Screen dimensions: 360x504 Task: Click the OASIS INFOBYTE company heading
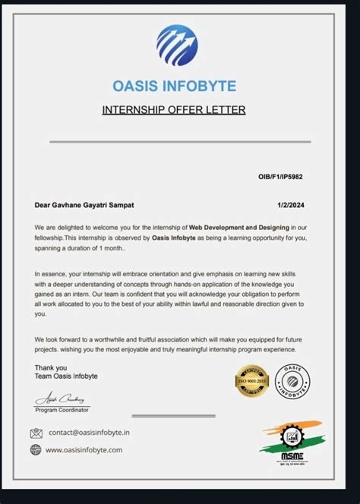(174, 86)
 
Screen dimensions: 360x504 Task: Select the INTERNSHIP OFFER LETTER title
(174, 110)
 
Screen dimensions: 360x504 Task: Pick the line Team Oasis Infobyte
(66, 376)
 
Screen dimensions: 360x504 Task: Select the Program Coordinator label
(62, 410)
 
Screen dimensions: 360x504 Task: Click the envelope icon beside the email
(36, 433)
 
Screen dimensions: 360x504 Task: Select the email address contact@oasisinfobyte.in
(90, 433)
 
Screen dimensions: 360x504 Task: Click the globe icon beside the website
(36, 449)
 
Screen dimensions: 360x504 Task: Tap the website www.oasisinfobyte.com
(84, 449)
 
